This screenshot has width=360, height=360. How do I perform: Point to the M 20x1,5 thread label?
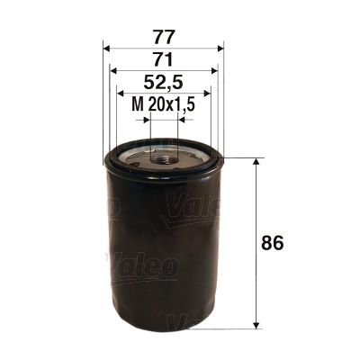click(164, 105)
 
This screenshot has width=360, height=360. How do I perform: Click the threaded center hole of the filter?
click(164, 158)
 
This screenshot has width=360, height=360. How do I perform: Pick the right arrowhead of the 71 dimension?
click(214, 71)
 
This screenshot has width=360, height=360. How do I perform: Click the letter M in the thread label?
click(137, 105)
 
